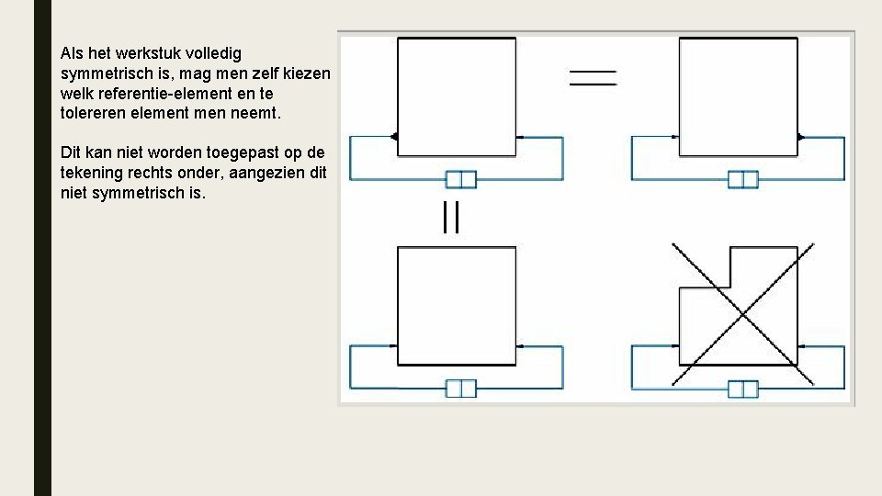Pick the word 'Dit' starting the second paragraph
tap(71, 152)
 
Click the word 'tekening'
tap(90, 172)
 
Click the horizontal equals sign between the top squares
tap(593, 77)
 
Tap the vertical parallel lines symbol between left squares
tap(450, 218)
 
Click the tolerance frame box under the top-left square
tap(460, 178)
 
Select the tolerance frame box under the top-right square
tap(742, 178)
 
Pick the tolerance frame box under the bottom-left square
tap(460, 388)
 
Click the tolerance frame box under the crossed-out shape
tap(742, 389)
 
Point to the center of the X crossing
tap(741, 315)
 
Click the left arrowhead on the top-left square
tap(395, 137)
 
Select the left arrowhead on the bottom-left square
tap(395, 346)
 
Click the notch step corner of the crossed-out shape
tap(729, 287)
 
